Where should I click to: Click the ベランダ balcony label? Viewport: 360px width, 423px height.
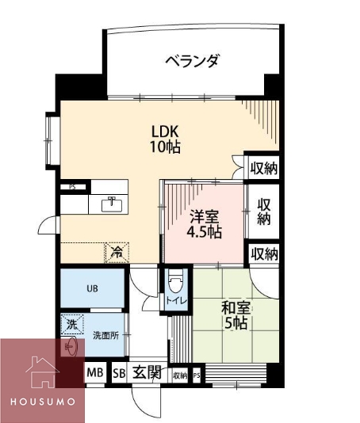tap(192, 60)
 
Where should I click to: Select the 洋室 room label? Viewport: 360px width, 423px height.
tap(204, 215)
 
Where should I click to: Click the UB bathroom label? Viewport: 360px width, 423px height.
tap(92, 288)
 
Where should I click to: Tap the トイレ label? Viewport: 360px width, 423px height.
tap(175, 301)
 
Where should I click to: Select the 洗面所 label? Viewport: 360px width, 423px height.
tap(105, 335)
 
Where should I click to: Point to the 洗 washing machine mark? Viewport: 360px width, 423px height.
tap(71, 324)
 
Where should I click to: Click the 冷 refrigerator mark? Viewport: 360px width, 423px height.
tap(116, 253)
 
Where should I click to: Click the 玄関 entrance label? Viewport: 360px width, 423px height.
tap(147, 372)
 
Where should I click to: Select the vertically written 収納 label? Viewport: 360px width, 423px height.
tap(264, 210)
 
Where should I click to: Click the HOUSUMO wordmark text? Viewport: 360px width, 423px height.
tap(44, 402)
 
